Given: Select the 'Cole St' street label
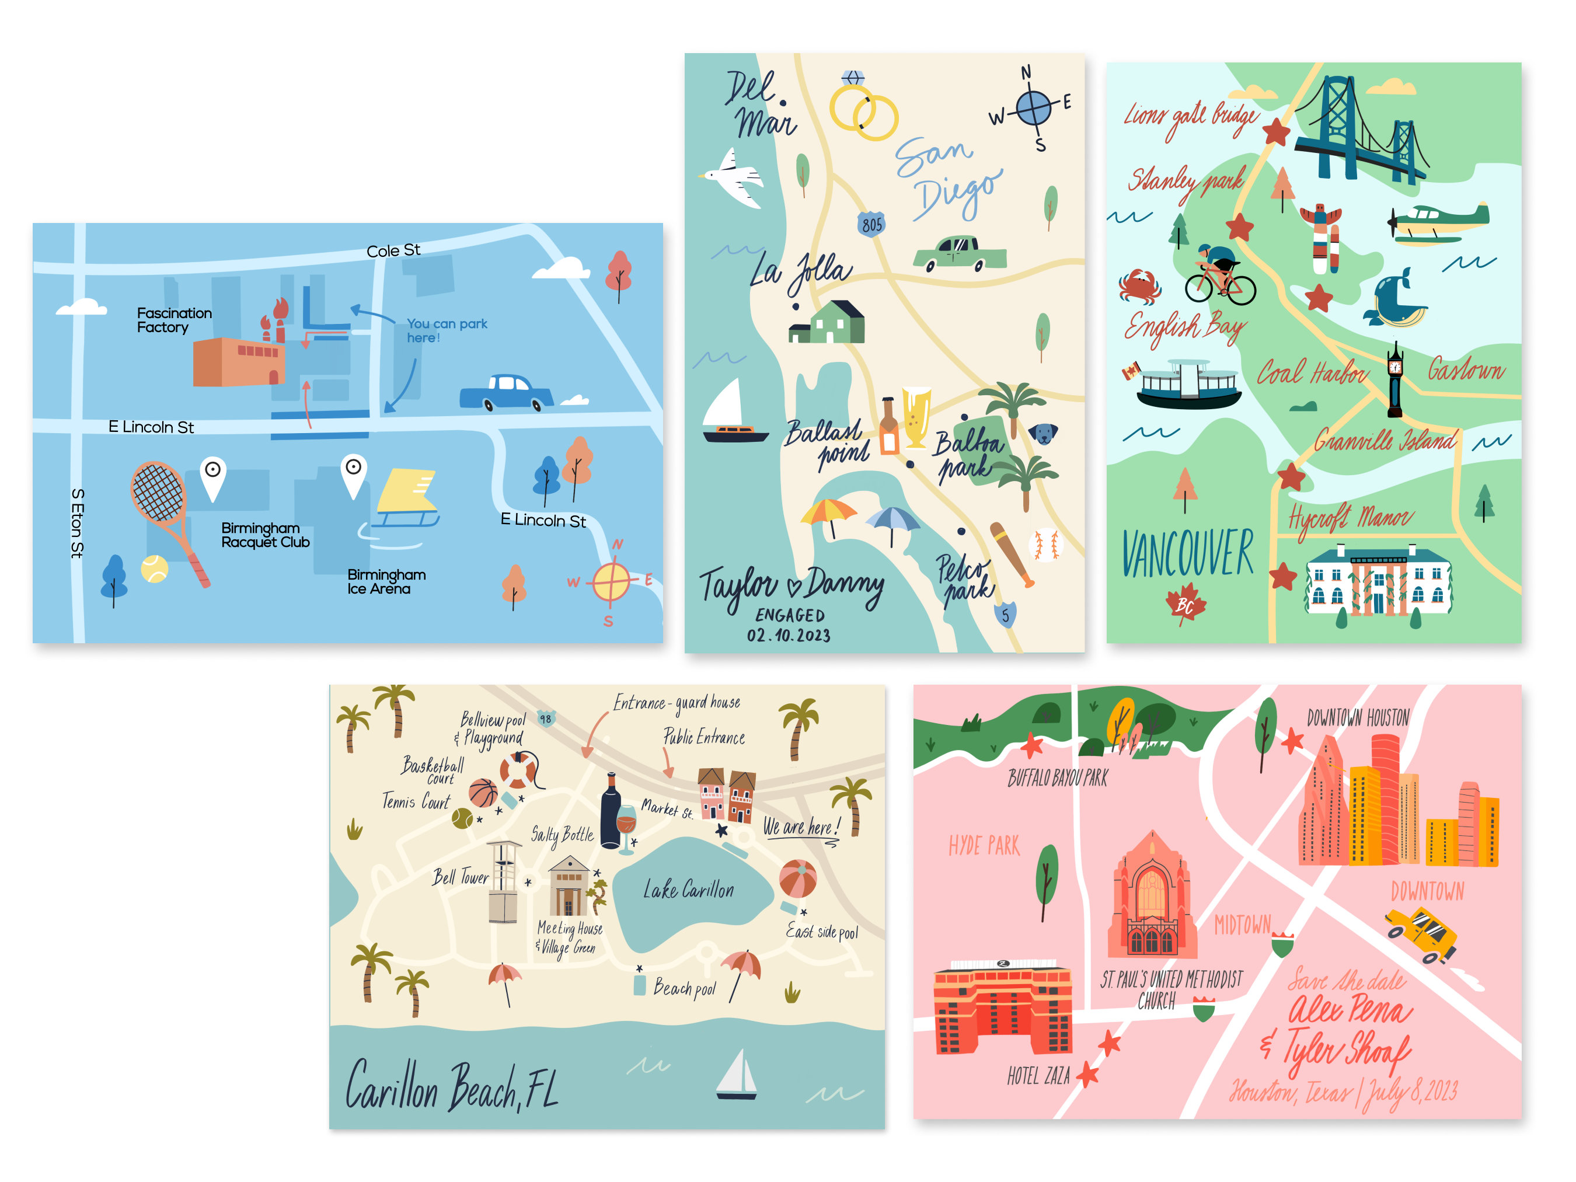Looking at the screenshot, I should click(x=393, y=251).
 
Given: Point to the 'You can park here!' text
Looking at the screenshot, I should click(x=447, y=330).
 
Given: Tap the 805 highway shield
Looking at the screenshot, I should click(x=871, y=224).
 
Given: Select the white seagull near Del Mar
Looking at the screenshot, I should click(x=734, y=177).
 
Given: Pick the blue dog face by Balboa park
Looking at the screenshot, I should click(x=1043, y=433).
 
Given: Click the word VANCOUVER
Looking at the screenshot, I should click(x=1187, y=553).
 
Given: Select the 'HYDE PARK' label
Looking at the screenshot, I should click(x=984, y=846).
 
